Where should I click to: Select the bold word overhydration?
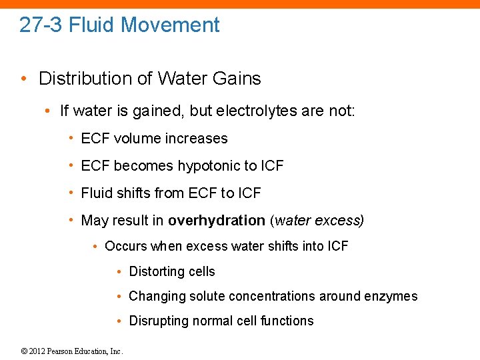pos(217,221)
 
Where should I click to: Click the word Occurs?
pos(125,246)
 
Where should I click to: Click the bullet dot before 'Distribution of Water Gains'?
pos(24,79)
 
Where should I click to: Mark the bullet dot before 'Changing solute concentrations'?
pos(118,296)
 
